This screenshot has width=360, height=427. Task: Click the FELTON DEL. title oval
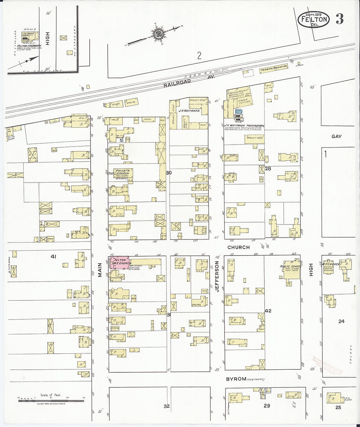pyautogui.click(x=314, y=20)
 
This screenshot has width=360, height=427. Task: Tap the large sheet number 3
pyautogui.click(x=339, y=20)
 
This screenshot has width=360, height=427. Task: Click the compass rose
pyautogui.click(x=156, y=33)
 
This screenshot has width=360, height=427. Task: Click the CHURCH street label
pyautogui.click(x=239, y=247)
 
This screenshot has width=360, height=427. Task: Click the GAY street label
pyautogui.click(x=336, y=136)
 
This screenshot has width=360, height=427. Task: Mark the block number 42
pyautogui.click(x=268, y=311)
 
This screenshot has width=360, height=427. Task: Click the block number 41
pyautogui.click(x=53, y=257)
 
